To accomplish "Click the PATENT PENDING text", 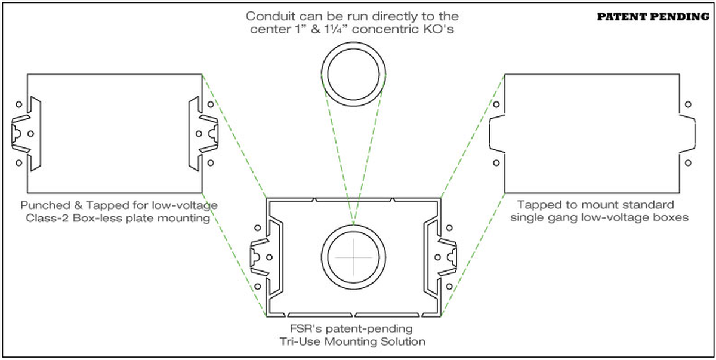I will [x=653, y=17].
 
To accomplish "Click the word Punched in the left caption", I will [x=44, y=205].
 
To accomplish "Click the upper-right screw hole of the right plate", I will [x=688, y=104].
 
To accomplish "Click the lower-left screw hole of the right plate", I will [x=495, y=162].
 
